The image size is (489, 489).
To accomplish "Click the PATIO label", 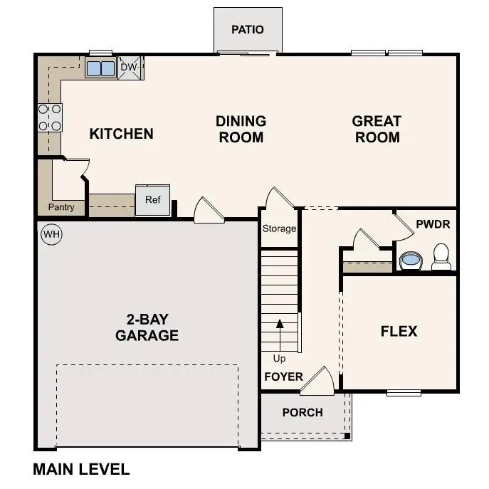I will click(248, 30).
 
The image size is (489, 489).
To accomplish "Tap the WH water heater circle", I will click(51, 234).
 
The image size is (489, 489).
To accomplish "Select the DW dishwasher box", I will click(129, 68).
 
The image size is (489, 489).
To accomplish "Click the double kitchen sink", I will click(100, 68).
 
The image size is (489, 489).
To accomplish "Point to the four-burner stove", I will click(50, 117).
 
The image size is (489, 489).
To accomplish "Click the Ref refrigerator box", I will click(153, 201).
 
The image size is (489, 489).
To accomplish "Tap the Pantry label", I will click(61, 208).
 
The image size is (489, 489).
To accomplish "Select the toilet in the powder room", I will click(441, 256).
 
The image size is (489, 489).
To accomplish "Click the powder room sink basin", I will click(411, 261).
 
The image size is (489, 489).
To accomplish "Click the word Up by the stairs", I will click(279, 358).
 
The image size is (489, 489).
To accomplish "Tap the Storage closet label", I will click(279, 228).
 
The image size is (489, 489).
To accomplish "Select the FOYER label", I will click(283, 377).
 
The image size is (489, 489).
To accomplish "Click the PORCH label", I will click(303, 413).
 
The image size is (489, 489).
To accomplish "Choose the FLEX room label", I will click(399, 331).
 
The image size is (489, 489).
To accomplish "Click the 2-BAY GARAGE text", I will click(147, 327).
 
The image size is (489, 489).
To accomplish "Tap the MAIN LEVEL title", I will click(81, 470).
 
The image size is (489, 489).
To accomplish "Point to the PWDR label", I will click(433, 224).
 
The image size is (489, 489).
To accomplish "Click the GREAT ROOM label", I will click(377, 129).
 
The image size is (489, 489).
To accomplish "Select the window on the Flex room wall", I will click(404, 392).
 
